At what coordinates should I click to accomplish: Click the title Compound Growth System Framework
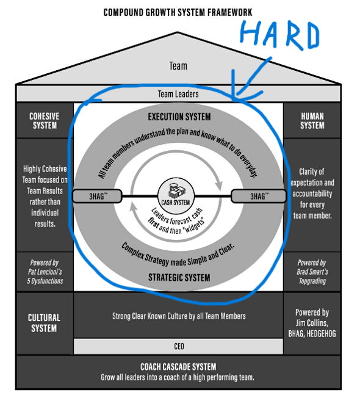(178, 12)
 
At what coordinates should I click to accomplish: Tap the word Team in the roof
(178, 66)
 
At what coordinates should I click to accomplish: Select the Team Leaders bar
(178, 94)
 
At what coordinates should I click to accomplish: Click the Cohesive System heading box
(43, 120)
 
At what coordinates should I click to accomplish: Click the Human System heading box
(312, 120)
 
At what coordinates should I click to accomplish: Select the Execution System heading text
(179, 117)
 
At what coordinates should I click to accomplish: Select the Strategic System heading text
(179, 278)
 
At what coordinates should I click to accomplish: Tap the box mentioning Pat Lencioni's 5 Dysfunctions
(43, 272)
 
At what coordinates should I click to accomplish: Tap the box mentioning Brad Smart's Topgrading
(312, 272)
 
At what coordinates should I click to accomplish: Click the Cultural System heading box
(43, 322)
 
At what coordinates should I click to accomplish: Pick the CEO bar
(178, 346)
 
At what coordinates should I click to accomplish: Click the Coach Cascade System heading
(178, 367)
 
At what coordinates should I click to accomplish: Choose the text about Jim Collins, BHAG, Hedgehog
(312, 322)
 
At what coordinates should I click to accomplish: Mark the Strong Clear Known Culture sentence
(178, 316)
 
